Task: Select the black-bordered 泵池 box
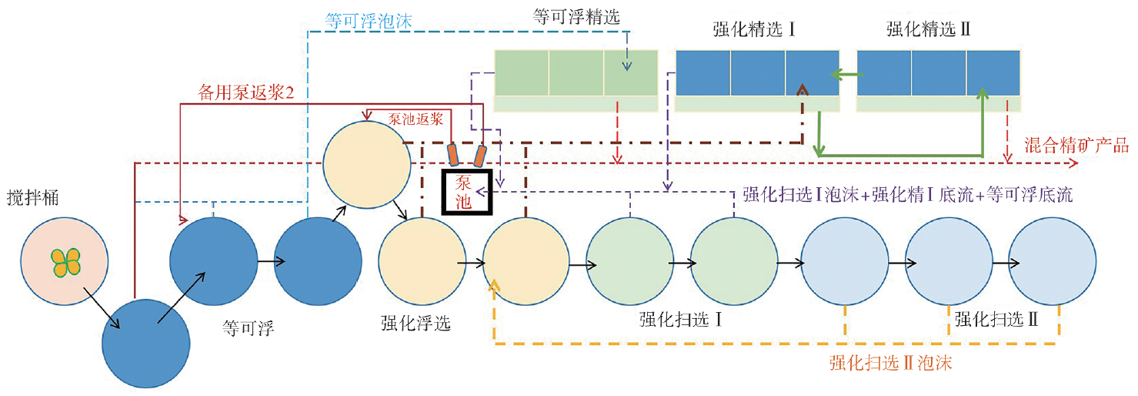point(466,189)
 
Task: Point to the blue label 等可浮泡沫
point(369,21)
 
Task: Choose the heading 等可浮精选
point(575,15)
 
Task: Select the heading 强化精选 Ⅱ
point(928,30)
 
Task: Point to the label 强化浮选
point(416,322)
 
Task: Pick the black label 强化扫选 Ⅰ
point(680,318)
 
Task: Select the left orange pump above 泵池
point(453,154)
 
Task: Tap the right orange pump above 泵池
point(479,156)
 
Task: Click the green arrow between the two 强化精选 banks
point(847,75)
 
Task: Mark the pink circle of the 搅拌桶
point(65,263)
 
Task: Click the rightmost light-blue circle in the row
point(1053,262)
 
